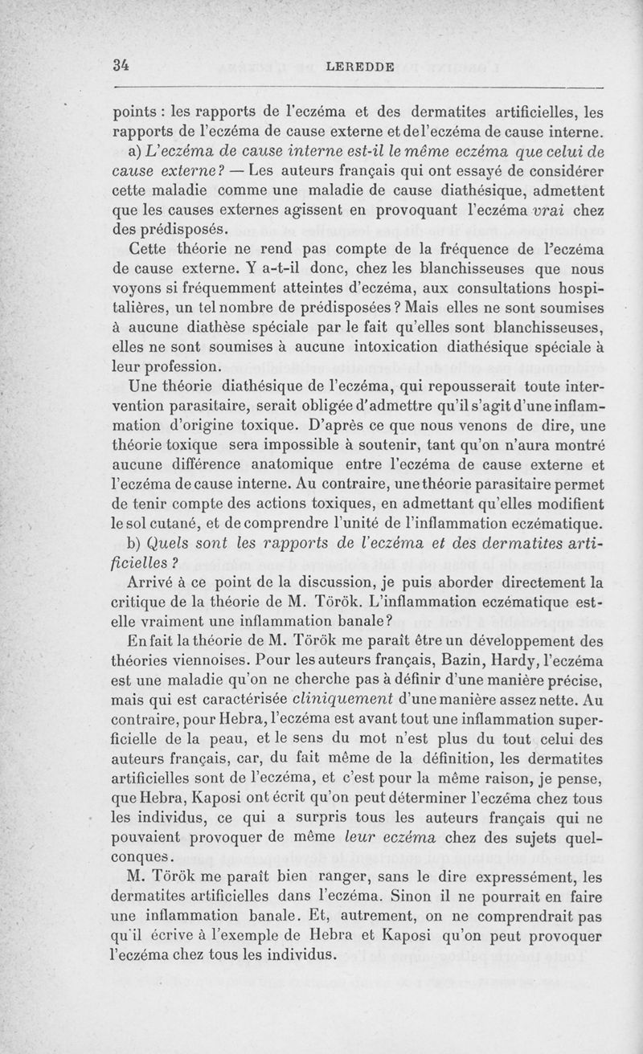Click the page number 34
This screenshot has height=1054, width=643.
(x=122, y=65)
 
